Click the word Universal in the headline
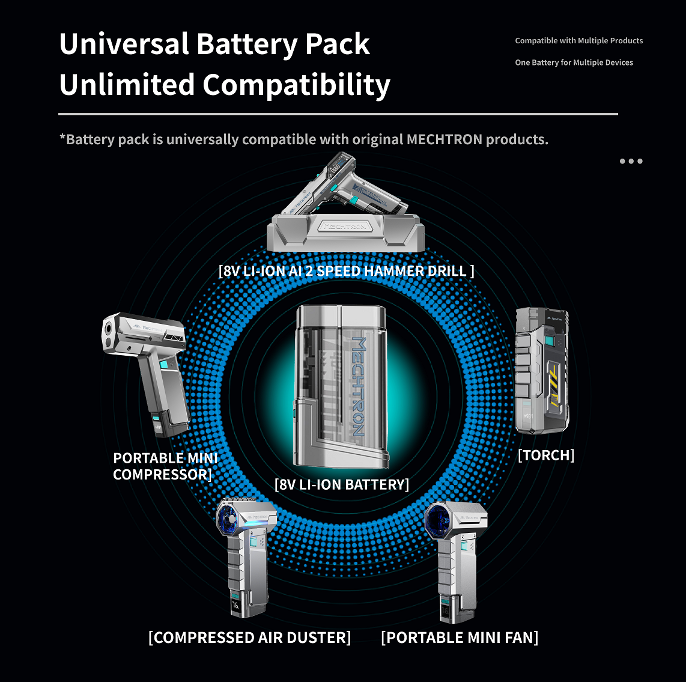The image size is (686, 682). click(x=124, y=44)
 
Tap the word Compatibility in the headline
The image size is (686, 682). click(x=296, y=85)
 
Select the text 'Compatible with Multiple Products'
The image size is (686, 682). click(x=579, y=41)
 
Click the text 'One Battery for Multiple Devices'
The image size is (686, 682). click(x=574, y=62)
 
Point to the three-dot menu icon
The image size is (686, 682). click(x=631, y=161)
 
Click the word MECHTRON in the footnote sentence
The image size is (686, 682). click(x=445, y=139)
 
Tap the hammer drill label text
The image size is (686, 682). click(x=346, y=271)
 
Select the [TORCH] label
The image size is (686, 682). click(x=546, y=455)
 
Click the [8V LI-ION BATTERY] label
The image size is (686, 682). click(x=342, y=484)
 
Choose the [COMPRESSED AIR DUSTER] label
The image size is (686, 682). click(x=250, y=638)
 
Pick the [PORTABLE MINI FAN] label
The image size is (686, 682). click(x=460, y=638)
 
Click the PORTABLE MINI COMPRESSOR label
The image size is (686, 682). click(x=165, y=466)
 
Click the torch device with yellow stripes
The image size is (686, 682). click(x=542, y=371)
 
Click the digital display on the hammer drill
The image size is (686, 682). click(x=336, y=168)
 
